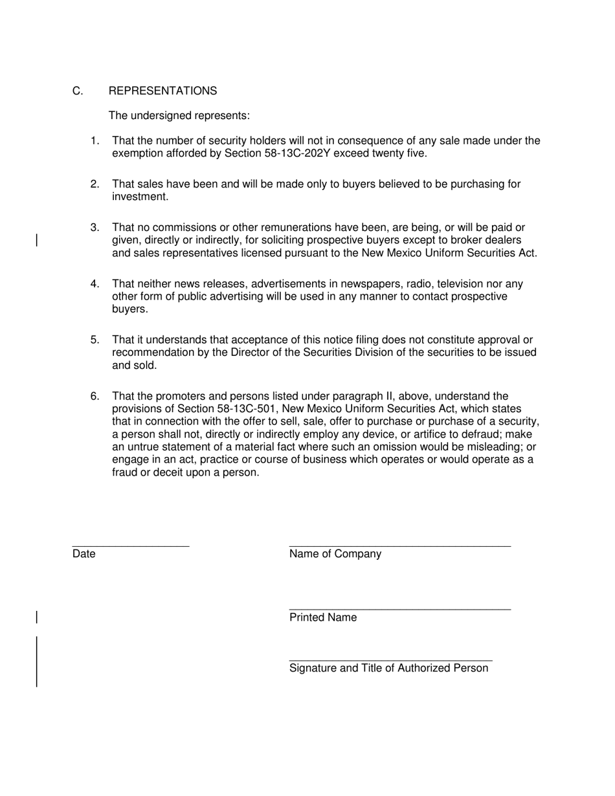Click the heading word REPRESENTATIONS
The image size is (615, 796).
[162, 91]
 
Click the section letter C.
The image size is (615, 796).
[78, 91]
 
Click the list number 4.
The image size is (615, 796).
[95, 284]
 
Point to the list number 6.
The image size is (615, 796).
[95, 396]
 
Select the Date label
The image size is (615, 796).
[84, 554]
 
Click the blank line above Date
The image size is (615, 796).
[130, 546]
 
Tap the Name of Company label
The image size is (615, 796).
[335, 554]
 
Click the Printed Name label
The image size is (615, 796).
[322, 617]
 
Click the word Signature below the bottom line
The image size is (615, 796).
[313, 668]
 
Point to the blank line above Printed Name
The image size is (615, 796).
[399, 609]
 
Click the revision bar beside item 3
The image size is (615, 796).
[37, 241]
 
